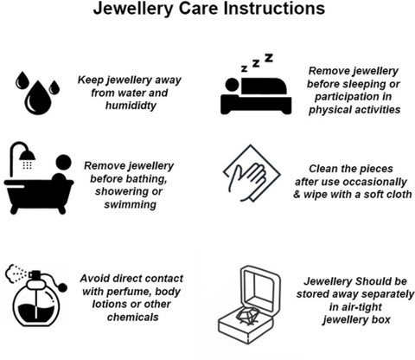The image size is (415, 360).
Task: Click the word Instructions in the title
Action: (274, 8)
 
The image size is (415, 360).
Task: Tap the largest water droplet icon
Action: (38, 98)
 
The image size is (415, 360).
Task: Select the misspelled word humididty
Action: (131, 106)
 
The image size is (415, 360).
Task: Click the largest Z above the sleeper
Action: (269, 58)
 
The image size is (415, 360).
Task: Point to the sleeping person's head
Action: (232, 85)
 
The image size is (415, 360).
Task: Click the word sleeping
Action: (361, 84)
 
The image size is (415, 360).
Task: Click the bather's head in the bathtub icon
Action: (63, 162)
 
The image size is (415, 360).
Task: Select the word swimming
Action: (131, 205)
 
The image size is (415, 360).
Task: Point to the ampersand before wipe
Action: (297, 195)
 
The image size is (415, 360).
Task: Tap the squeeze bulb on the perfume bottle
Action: (63, 287)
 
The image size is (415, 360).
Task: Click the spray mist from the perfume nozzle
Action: (16, 273)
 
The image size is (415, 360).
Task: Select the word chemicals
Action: (133, 318)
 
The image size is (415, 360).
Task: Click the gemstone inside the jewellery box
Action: (248, 315)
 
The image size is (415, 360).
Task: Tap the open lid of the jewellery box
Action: (260, 289)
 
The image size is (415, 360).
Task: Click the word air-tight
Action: (355, 307)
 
